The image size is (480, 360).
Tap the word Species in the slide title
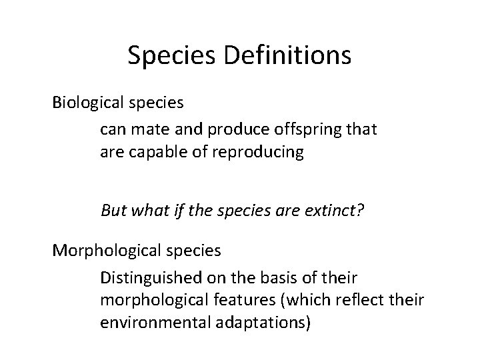(x=169, y=55)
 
